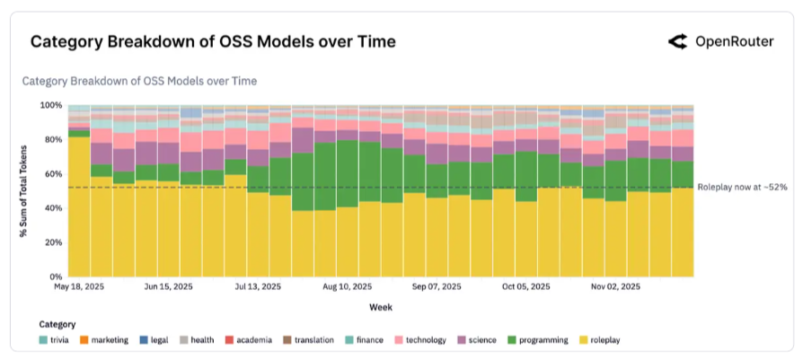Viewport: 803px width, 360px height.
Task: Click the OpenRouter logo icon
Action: (x=678, y=41)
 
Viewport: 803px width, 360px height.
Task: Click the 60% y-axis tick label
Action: (x=54, y=174)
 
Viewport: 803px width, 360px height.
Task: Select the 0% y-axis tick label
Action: (x=57, y=277)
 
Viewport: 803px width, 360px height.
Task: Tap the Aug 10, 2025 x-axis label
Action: (x=348, y=287)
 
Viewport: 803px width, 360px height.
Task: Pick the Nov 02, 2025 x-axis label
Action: (x=615, y=287)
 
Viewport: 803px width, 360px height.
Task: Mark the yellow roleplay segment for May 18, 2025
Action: (x=79, y=206)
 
